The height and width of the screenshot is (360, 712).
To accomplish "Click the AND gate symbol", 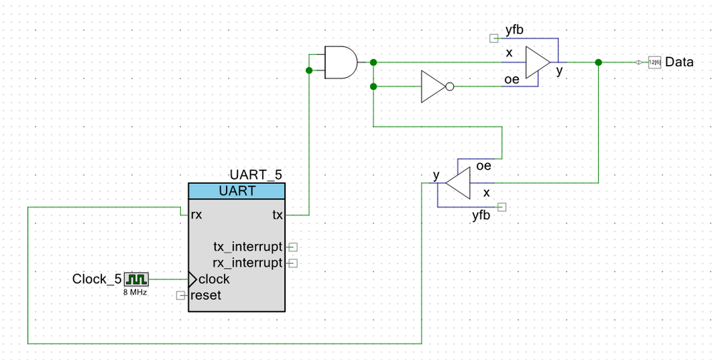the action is pos(341,62).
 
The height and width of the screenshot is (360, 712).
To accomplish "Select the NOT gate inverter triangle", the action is pos(433,86).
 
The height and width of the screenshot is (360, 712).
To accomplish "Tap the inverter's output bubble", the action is pos(450,86).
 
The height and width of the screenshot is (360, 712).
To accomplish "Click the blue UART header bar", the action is pos(237,191).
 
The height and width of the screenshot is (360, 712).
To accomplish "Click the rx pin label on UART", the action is pos(197,215).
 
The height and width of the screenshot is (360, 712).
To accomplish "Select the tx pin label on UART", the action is pos(277,215).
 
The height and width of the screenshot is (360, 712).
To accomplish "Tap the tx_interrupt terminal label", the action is pos(247,247).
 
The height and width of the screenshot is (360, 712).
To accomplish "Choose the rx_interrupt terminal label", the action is pos(247,263).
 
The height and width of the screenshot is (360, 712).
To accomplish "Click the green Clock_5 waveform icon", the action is pos(136,279).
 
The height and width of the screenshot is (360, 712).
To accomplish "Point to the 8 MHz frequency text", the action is pos(135,293).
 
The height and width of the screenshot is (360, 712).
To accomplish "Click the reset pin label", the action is pos(206,296).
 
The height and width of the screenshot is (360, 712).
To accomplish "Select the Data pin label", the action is pos(679,62).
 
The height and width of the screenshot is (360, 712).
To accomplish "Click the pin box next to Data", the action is pos(655,62).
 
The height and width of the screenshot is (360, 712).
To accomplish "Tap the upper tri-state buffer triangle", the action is pos(538,62).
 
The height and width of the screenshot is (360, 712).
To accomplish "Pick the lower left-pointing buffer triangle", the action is pos(458,183).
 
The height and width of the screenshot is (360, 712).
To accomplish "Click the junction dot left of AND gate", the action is pos(309,70).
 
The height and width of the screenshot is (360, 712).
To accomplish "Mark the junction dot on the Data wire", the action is pos(599,62).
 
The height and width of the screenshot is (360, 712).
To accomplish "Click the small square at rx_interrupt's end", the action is pos(294,263).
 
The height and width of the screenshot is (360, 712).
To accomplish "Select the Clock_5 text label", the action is pos(97,279).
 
